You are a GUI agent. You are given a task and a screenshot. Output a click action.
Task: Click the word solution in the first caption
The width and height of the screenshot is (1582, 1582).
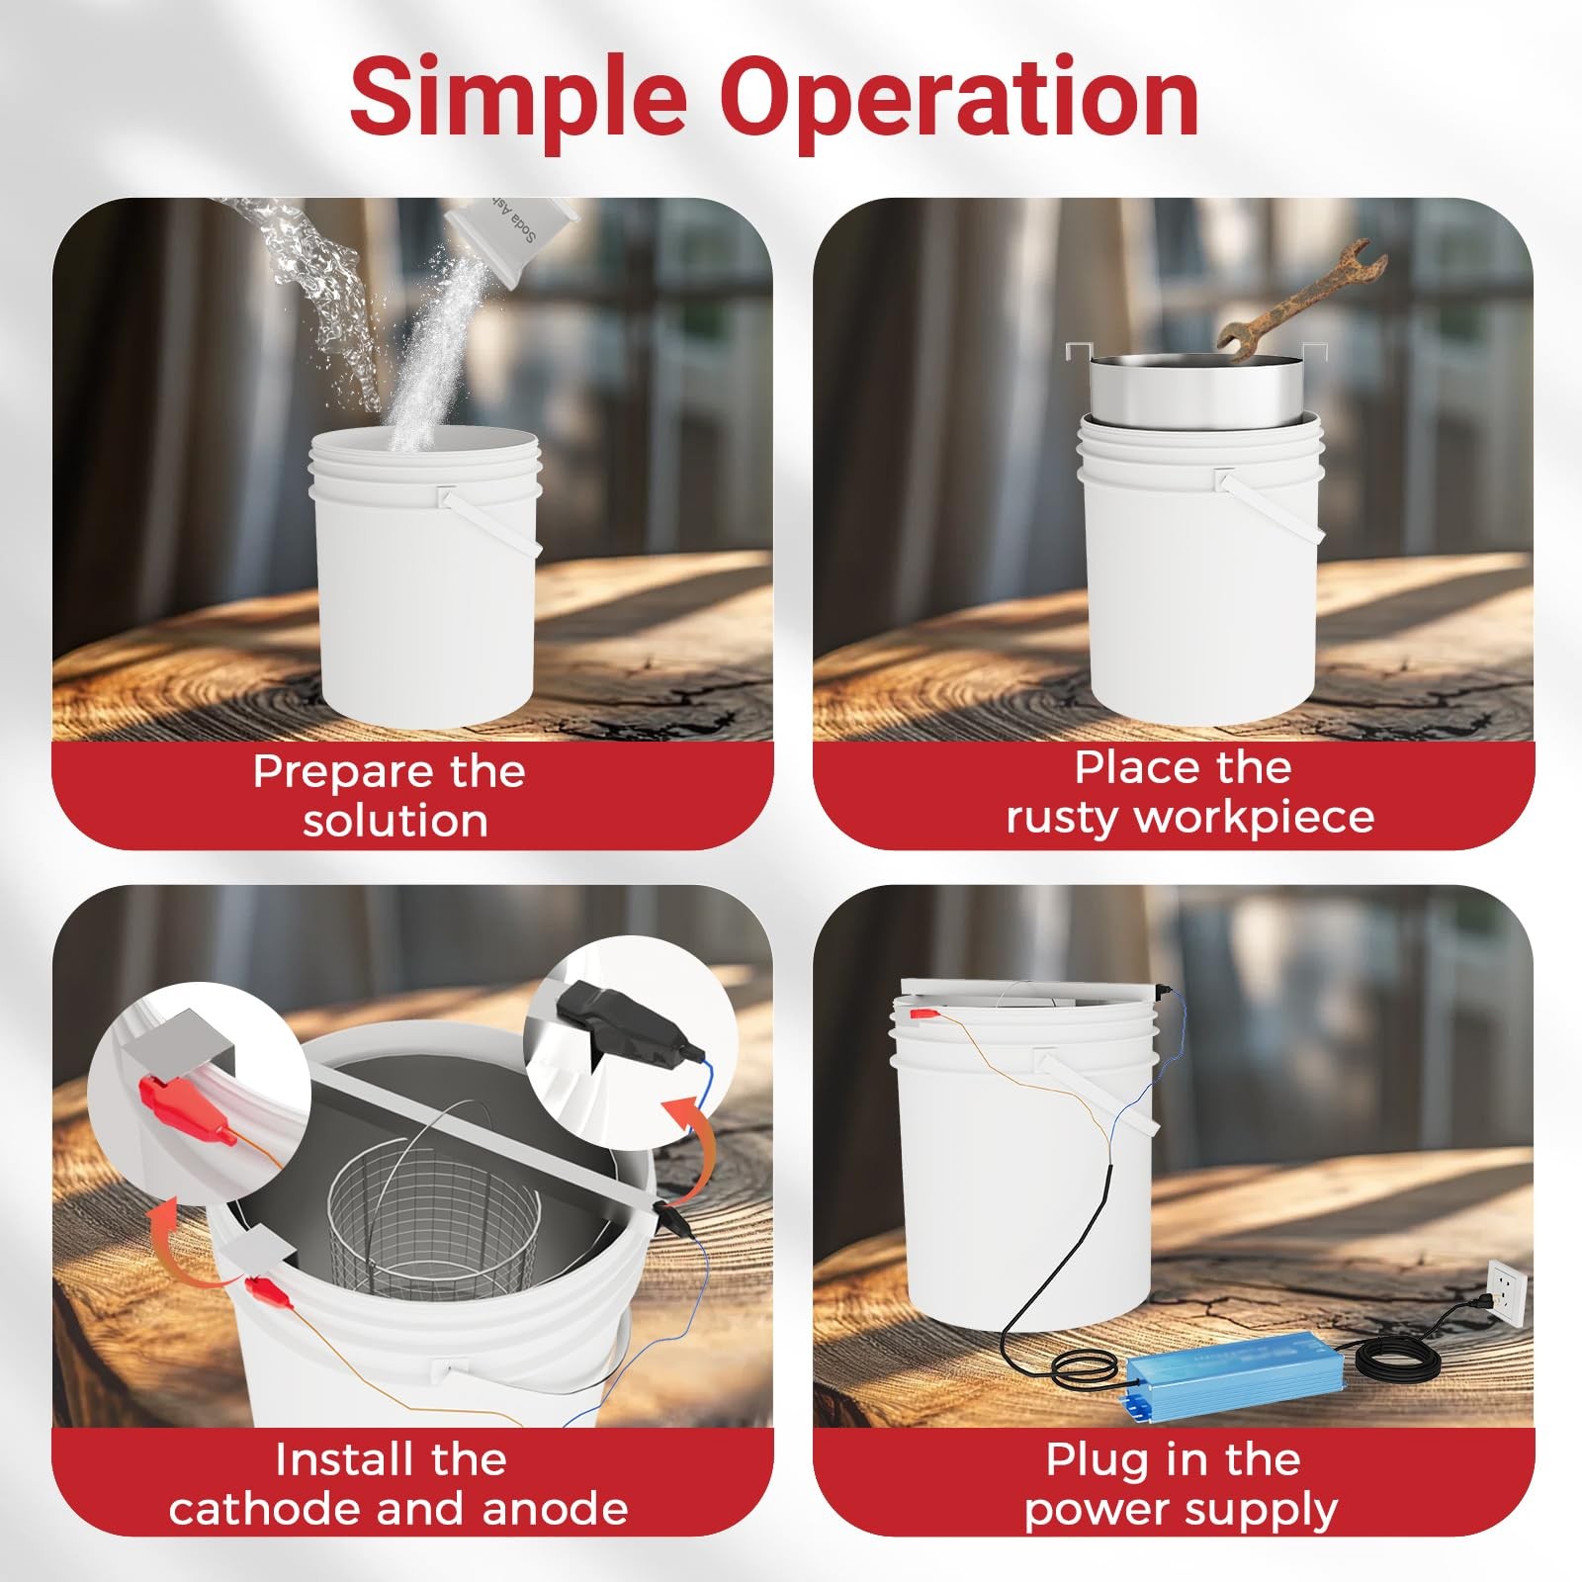click(395, 821)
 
